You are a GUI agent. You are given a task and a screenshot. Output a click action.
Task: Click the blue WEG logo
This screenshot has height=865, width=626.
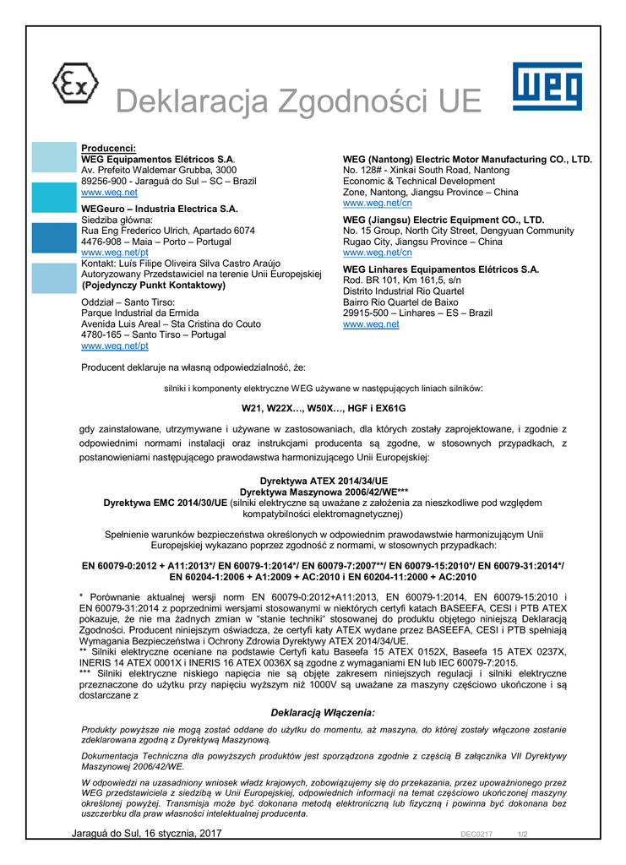(x=547, y=86)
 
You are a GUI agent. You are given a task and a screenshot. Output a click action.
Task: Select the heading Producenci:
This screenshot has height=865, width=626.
(x=108, y=149)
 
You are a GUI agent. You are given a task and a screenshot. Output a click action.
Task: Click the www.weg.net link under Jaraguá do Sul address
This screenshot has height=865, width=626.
(x=97, y=193)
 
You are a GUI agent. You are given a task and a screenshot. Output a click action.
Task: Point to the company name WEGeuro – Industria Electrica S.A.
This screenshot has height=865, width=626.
(x=160, y=209)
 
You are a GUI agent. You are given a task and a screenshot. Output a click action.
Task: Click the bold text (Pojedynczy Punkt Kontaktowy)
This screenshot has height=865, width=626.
(x=153, y=286)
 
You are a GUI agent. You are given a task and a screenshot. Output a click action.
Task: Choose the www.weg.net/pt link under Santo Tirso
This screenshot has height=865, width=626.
(x=115, y=346)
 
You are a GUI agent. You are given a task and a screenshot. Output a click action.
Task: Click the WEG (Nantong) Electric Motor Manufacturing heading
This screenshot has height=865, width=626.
(x=467, y=160)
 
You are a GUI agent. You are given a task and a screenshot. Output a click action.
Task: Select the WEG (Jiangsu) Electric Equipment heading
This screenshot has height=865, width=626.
(x=444, y=220)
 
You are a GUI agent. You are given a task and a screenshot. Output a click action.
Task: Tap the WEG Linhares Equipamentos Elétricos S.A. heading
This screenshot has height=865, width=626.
(x=440, y=269)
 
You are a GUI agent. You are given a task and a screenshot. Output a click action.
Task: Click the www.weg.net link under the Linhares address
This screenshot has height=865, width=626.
(x=371, y=324)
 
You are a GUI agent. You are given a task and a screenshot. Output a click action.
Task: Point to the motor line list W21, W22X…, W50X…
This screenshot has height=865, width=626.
(x=313, y=409)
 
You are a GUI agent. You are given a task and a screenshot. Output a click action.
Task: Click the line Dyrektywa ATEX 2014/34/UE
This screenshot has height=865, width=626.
(x=313, y=481)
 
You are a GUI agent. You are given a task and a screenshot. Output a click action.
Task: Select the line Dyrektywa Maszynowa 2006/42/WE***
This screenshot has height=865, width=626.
(x=313, y=492)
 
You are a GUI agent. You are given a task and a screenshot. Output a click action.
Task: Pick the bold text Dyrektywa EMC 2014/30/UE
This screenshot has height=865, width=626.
(x=165, y=503)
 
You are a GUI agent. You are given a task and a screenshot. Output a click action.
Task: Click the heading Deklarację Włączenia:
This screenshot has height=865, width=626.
(x=323, y=714)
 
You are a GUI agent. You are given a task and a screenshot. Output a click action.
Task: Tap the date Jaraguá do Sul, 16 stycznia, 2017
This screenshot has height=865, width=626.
(x=147, y=835)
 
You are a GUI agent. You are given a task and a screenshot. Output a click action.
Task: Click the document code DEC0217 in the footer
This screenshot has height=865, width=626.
(x=476, y=835)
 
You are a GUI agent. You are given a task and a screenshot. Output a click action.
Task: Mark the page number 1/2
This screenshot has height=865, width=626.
(x=522, y=835)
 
